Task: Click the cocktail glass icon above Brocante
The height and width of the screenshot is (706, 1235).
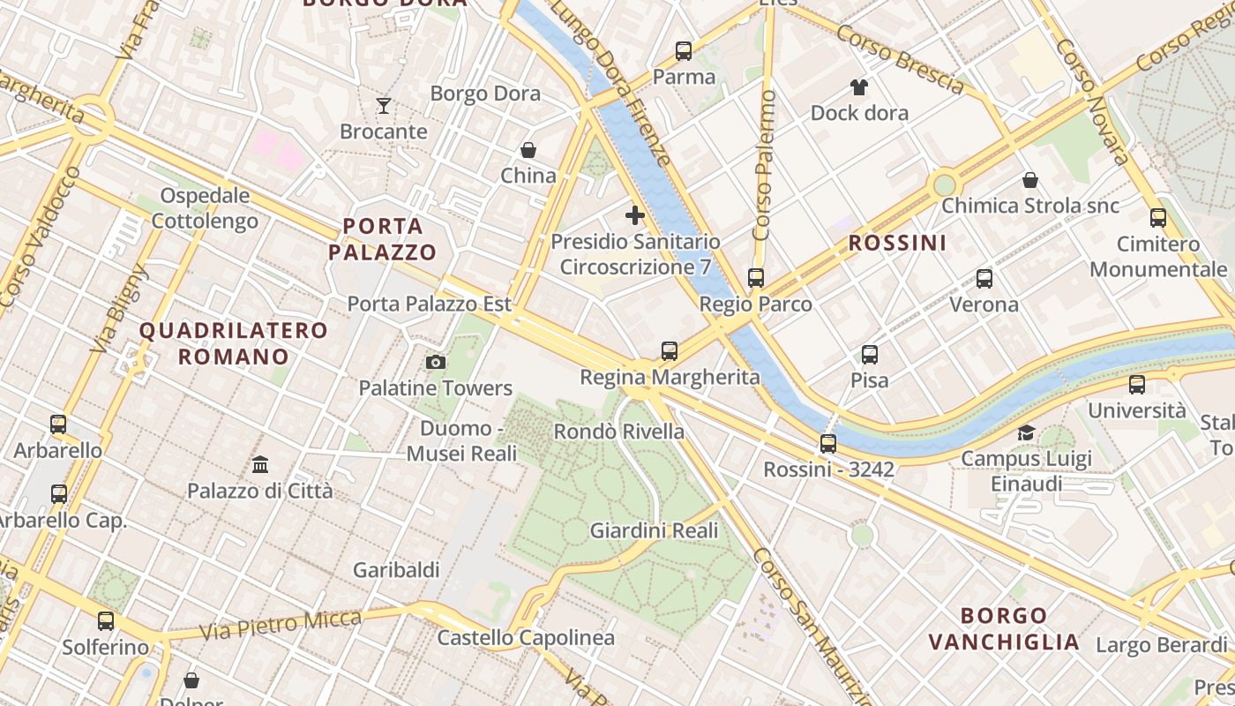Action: point(384,106)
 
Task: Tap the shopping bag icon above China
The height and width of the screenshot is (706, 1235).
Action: point(528,150)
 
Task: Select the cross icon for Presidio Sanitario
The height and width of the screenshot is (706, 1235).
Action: point(634,215)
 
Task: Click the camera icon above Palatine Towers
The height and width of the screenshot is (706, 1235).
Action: point(435,362)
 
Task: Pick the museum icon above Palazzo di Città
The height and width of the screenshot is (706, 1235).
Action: point(260,464)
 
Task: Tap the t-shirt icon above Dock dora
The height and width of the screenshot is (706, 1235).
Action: point(859,86)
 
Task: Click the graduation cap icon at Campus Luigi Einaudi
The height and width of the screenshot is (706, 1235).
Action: point(1026,432)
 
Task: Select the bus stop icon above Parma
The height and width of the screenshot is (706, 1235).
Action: point(684,51)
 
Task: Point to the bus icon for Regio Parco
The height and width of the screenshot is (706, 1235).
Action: point(756,278)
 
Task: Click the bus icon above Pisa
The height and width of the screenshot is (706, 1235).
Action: point(870,355)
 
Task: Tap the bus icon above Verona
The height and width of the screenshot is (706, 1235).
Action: point(984,279)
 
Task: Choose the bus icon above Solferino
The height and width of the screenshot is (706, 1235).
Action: point(106,621)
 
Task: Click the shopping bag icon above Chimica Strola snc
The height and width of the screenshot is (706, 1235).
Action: point(1029,180)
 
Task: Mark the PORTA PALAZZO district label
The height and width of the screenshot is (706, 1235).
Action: point(383,239)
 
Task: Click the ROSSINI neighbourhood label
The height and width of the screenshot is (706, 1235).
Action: point(897,243)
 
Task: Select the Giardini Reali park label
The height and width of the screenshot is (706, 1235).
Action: point(654,531)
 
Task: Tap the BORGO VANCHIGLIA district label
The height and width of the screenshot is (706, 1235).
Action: point(1004,628)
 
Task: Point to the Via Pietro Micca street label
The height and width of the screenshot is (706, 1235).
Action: point(281,625)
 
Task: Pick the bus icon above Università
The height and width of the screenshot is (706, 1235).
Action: point(1137,385)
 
